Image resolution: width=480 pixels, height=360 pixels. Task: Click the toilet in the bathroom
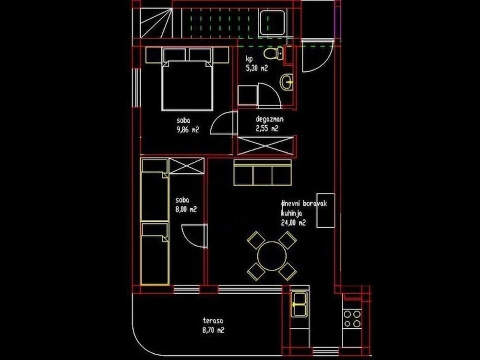(x=274, y=54)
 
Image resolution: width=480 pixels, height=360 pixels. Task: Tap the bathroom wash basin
(x=287, y=82)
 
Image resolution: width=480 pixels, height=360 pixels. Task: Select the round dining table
(x=272, y=256)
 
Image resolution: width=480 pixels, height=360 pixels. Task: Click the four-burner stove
(x=352, y=319)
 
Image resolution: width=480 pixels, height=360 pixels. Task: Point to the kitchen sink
(x=300, y=304)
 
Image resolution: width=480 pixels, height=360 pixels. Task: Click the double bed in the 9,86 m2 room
(x=187, y=85)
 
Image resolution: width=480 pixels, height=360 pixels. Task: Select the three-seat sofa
(x=263, y=173)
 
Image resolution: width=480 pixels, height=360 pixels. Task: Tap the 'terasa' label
(x=213, y=321)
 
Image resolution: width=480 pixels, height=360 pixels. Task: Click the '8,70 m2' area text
(x=213, y=330)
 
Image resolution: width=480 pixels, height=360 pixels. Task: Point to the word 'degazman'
(x=269, y=120)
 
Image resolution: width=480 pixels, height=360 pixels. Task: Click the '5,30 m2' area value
(x=257, y=68)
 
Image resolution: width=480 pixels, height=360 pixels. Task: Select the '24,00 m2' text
(x=293, y=223)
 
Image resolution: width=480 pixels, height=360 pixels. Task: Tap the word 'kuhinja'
(x=291, y=214)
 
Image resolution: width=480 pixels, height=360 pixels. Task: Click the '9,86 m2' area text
(x=188, y=130)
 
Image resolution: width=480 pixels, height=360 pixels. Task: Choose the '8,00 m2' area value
(x=186, y=209)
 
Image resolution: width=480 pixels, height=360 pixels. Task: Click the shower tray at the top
(x=273, y=23)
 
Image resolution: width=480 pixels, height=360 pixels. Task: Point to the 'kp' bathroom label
(x=250, y=59)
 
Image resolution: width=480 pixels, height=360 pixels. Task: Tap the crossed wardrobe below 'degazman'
(x=266, y=146)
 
